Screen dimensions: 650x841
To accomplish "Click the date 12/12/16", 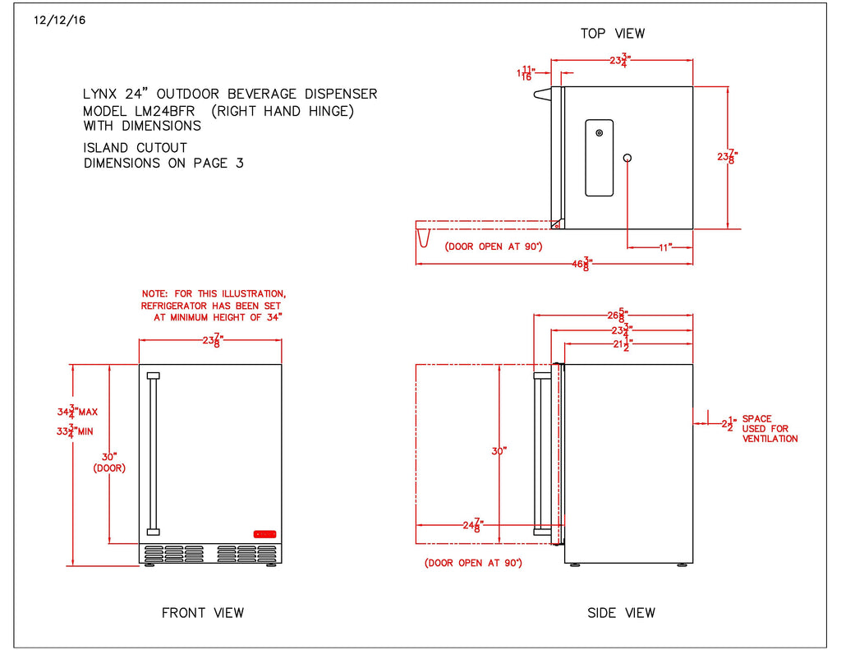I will pyautogui.click(x=60, y=21).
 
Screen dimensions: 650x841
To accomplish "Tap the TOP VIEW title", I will pyautogui.click(x=613, y=34).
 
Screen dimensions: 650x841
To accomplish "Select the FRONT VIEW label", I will pyautogui.click(x=202, y=612).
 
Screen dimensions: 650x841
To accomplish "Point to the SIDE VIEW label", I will pyautogui.click(x=621, y=612).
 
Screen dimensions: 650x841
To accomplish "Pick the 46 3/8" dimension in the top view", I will pyautogui.click(x=582, y=264).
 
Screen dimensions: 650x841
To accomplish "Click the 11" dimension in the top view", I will pyautogui.click(x=664, y=247).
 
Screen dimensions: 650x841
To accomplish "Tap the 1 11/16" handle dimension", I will pyautogui.click(x=526, y=73).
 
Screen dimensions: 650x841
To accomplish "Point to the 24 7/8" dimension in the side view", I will pyautogui.click(x=471, y=524).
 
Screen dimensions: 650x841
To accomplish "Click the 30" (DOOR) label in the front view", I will pyautogui.click(x=108, y=462).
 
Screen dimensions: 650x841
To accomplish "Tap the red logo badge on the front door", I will pyautogui.click(x=264, y=534).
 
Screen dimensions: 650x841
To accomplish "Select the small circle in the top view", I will pyautogui.click(x=627, y=157).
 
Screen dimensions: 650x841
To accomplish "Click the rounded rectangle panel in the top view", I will pyautogui.click(x=599, y=158).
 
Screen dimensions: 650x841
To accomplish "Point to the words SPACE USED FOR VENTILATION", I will pyautogui.click(x=770, y=429).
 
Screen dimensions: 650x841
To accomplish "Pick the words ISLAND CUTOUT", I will pyautogui.click(x=135, y=148).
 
